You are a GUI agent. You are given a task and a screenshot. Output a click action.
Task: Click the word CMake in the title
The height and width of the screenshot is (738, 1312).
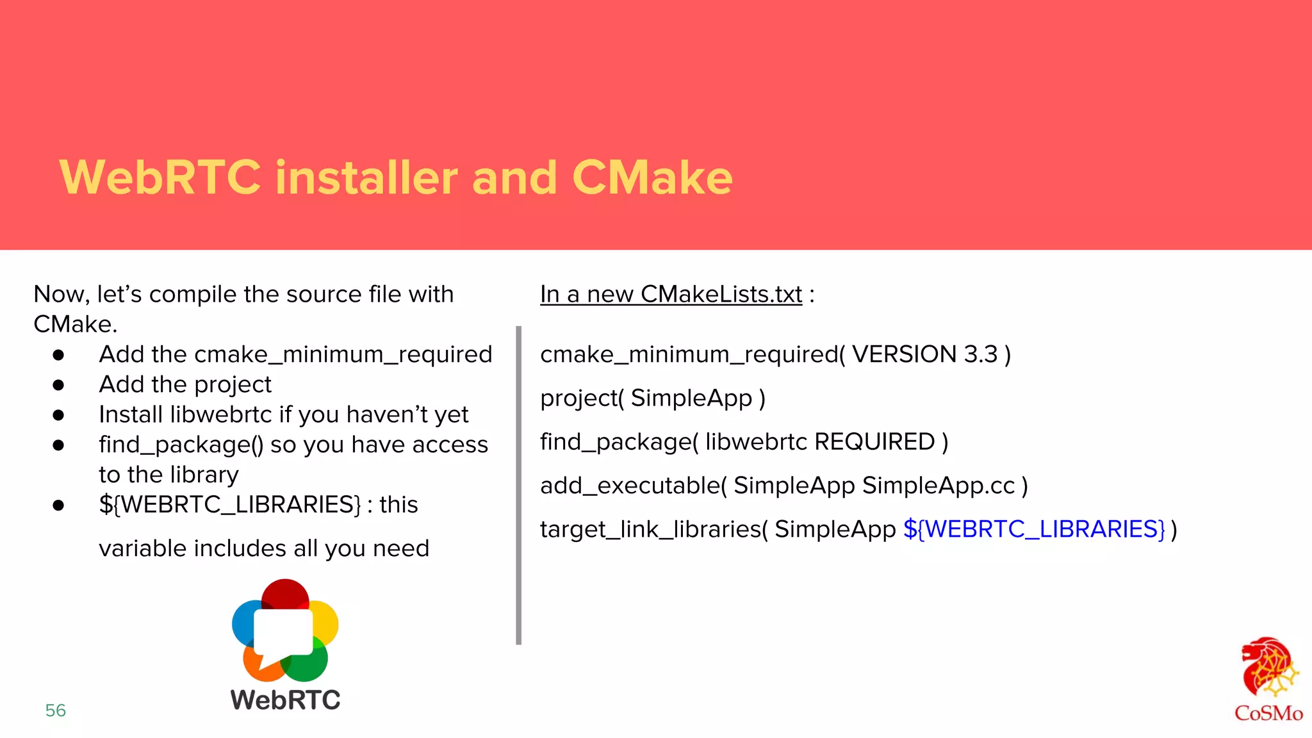652,177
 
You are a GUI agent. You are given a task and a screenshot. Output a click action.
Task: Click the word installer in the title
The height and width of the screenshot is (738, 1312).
366,177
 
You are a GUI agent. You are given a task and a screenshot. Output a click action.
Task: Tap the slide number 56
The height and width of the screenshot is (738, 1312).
56,710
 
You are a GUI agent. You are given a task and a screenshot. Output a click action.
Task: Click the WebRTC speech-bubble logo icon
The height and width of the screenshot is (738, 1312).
285,631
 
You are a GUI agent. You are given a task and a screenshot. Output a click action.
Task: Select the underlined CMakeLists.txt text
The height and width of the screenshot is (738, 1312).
721,295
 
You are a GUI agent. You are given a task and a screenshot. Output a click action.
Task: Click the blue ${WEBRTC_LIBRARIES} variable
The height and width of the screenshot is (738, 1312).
1034,529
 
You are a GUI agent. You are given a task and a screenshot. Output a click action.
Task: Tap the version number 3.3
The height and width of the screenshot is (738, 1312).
981,354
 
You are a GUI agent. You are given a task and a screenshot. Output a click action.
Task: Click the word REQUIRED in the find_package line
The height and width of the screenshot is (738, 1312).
874,442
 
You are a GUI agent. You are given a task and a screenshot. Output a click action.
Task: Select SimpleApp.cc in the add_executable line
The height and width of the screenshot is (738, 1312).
939,486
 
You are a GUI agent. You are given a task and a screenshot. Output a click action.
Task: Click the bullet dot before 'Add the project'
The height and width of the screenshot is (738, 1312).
58,385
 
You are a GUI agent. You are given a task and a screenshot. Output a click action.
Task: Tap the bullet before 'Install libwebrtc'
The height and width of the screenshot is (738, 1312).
58,415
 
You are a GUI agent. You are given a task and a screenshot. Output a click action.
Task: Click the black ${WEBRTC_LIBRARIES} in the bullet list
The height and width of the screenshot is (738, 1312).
230,505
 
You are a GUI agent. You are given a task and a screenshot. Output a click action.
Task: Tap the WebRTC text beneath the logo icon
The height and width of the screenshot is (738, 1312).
285,700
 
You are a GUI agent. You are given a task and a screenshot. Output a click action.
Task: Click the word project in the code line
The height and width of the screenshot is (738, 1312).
578,398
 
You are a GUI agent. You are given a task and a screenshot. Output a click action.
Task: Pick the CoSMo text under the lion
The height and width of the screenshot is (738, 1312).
1268,713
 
